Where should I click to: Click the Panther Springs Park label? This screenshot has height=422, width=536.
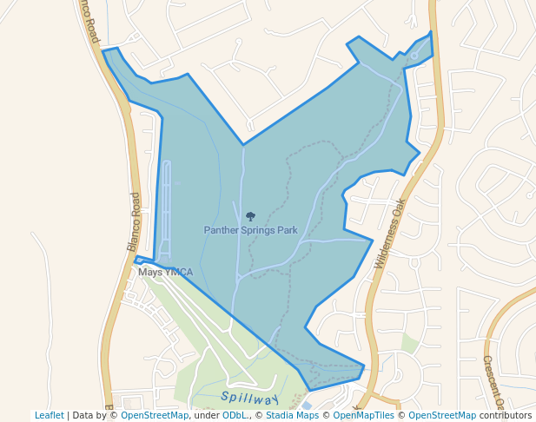[x=250, y=230]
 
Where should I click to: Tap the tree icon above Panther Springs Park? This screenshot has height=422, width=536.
[x=251, y=216]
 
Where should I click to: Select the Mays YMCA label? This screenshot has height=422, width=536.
[x=165, y=273]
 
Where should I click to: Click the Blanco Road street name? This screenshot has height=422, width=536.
[x=134, y=222]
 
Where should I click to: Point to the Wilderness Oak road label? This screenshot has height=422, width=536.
[x=390, y=234]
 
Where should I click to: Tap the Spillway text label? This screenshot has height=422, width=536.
[x=249, y=398]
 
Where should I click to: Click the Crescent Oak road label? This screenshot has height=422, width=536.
[x=493, y=382]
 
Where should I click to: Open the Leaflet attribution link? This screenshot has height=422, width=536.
[x=49, y=415]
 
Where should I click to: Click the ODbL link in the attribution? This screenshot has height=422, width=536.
[x=234, y=415]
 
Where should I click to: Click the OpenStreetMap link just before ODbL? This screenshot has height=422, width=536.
[x=155, y=415]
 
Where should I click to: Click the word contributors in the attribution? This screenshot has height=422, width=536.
[x=506, y=415]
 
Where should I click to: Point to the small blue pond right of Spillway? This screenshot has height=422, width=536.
[x=305, y=406]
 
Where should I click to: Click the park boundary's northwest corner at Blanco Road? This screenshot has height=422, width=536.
[x=103, y=51]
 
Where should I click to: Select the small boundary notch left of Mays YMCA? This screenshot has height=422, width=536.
[x=137, y=259]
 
